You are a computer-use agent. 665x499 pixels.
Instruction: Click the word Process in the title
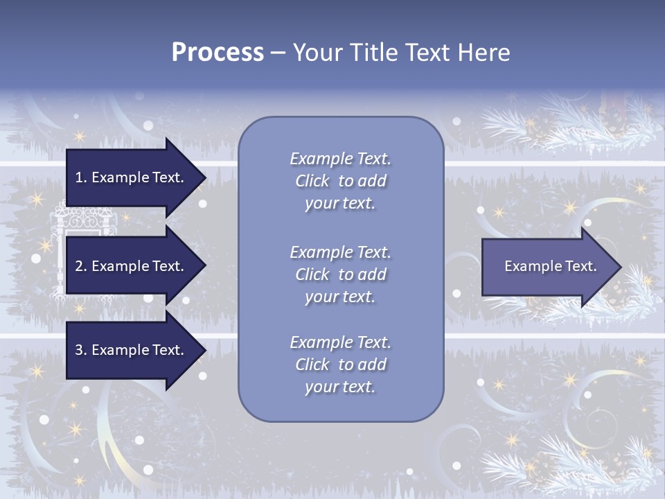218,53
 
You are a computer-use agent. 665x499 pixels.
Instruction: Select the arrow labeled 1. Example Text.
132,177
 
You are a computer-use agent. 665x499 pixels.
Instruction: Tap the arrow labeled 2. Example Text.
132,266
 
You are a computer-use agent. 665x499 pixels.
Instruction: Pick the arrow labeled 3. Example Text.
132,350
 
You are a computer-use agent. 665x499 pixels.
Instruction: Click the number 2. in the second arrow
81,266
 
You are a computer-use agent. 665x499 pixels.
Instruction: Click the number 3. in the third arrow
81,350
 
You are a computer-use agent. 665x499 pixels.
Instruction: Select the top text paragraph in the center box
340,181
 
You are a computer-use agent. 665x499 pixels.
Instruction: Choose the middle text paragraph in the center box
340,274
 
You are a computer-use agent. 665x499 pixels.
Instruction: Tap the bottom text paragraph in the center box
340,365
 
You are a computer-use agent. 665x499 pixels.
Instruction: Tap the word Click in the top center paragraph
312,181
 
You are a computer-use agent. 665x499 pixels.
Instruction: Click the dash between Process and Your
278,53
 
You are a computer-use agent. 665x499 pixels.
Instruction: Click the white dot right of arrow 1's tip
203,204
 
